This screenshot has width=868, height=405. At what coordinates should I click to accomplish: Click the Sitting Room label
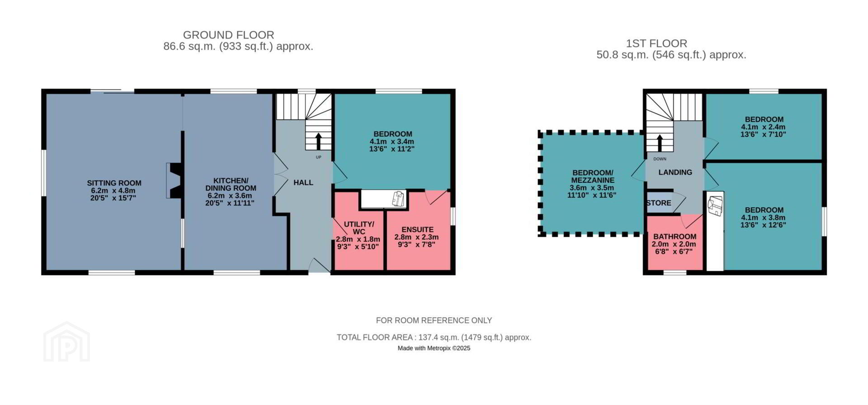tap(114, 183)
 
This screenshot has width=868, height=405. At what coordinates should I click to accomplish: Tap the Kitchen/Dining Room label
tap(231, 184)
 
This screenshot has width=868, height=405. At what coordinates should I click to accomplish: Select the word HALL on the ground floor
tap(303, 182)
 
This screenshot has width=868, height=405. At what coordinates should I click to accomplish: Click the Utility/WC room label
tap(359, 228)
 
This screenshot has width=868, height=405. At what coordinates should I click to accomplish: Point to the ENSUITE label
tap(418, 229)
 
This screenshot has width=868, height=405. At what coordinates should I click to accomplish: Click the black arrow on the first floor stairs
tap(660, 143)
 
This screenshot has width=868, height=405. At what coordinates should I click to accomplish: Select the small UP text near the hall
tap(319, 157)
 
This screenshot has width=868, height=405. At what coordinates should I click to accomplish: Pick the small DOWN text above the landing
tap(660, 159)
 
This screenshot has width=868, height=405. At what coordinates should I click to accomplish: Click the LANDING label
tap(675, 172)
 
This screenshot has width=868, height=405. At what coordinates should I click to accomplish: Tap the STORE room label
tap(659, 203)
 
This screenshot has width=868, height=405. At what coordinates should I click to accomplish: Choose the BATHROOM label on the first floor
tap(675, 236)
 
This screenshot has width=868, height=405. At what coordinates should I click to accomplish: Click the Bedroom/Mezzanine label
tap(592, 176)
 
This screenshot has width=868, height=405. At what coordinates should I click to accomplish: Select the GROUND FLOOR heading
tap(229, 35)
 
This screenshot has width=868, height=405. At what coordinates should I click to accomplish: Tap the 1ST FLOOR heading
tap(656, 43)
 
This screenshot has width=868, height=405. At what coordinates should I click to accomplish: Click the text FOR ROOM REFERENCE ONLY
tap(434, 320)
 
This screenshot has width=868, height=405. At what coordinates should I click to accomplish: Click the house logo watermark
tap(66, 342)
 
